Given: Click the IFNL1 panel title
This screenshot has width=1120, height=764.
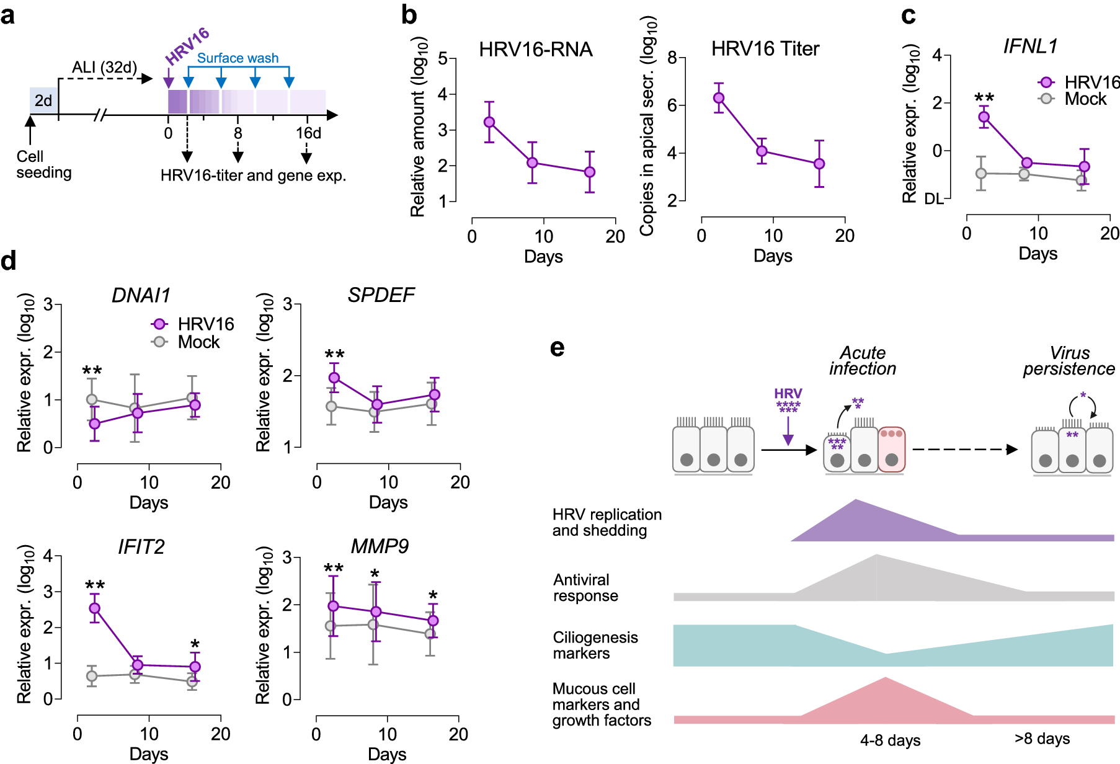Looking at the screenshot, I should pos(1030,47).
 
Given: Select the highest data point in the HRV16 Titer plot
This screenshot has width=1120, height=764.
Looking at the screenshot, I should pos(719,98).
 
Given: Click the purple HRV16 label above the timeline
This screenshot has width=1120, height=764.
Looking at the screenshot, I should pos(187,46).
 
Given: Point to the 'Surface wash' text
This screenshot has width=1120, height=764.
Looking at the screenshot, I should pos(238,58).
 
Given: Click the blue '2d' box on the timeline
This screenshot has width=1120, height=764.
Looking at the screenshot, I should pos(43,100).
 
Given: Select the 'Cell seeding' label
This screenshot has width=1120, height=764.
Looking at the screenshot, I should pos(43,164).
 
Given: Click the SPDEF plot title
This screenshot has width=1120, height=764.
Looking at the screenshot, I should pos(381,295).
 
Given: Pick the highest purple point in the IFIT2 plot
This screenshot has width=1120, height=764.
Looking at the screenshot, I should pos(95,608).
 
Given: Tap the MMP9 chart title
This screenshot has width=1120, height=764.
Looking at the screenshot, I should pos(380,546).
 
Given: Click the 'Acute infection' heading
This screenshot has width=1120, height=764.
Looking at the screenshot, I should pos(863,361).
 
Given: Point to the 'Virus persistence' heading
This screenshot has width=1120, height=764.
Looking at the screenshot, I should pos(1069,361).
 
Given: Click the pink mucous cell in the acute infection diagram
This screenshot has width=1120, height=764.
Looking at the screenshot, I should pos(892,450).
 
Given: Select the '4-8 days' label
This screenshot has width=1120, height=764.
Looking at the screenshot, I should pos(890,740).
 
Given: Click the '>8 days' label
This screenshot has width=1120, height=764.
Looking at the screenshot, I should pos(1042,739).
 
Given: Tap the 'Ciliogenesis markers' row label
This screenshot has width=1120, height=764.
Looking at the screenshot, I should pos(595,646).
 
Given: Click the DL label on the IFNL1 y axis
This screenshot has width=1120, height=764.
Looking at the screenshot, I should pos(933,199).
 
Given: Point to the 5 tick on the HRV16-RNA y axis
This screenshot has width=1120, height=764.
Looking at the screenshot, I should pos(443,58).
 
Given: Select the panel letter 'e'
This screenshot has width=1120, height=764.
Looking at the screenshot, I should pos(558,348).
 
